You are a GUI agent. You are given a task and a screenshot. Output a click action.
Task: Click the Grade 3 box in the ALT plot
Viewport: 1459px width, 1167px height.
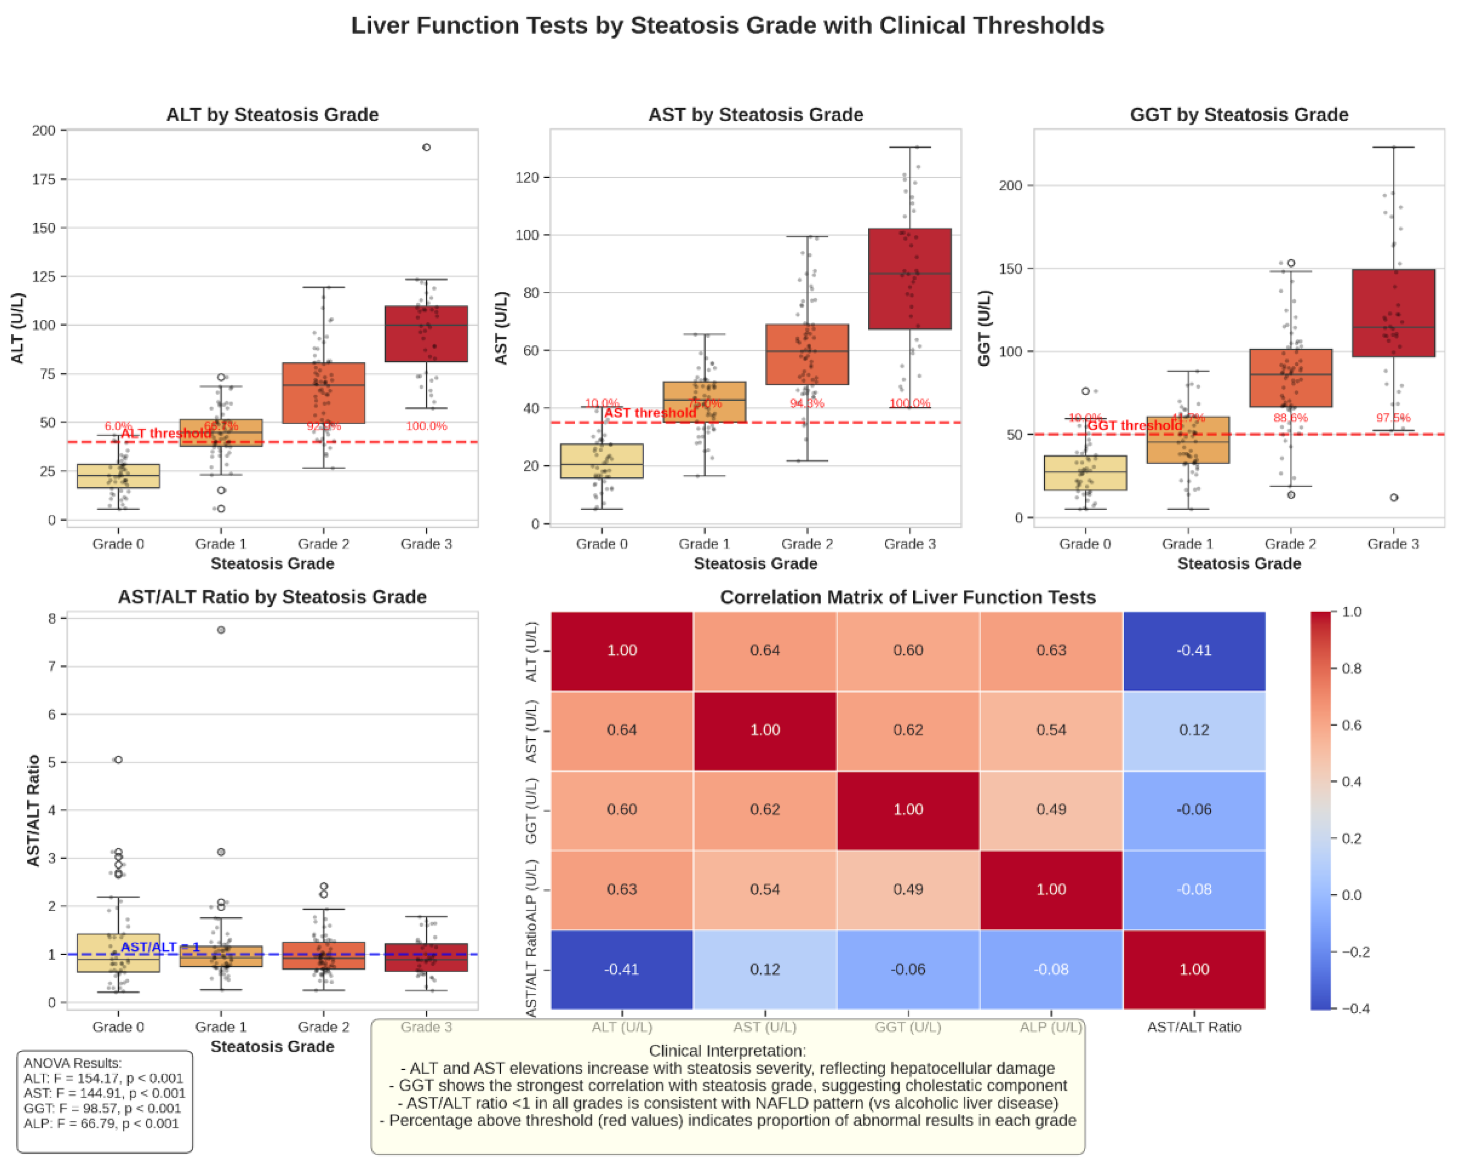(x=426, y=334)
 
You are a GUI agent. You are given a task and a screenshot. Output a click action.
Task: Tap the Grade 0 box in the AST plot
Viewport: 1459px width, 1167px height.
(x=602, y=461)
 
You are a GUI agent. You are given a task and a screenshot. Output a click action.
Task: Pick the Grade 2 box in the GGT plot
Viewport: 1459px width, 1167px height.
(x=1290, y=378)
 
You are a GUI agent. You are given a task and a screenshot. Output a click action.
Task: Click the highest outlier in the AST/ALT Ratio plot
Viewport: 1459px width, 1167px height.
(x=221, y=630)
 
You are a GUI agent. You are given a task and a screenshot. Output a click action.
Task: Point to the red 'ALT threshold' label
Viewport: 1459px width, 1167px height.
(x=166, y=433)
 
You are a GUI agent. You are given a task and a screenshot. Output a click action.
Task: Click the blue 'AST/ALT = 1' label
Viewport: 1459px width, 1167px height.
(x=160, y=947)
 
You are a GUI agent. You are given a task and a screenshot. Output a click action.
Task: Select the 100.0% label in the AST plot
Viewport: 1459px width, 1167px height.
(x=910, y=403)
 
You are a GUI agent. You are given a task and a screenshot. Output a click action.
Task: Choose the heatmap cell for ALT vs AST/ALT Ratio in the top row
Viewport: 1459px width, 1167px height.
(x=1194, y=651)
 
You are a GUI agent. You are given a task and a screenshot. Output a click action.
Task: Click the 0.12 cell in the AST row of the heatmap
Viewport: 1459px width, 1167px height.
(x=1194, y=730)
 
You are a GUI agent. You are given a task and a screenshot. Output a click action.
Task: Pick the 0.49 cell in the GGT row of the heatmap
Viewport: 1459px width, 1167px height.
(x=1051, y=810)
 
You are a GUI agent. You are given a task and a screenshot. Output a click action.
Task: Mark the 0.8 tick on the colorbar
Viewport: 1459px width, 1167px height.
(x=1351, y=668)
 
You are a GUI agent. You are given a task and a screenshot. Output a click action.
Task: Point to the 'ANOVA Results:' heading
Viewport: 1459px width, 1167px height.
(x=72, y=1063)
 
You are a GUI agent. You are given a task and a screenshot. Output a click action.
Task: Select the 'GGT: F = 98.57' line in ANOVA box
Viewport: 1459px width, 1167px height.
(x=102, y=1108)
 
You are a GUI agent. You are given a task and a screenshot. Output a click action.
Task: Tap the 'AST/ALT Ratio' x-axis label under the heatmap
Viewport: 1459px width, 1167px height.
(x=1194, y=1027)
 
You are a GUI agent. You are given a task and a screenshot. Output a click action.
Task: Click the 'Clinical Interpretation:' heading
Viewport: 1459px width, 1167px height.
(x=727, y=1051)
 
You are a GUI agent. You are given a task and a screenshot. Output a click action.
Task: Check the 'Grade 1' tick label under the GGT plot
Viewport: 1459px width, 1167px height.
(x=1188, y=544)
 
